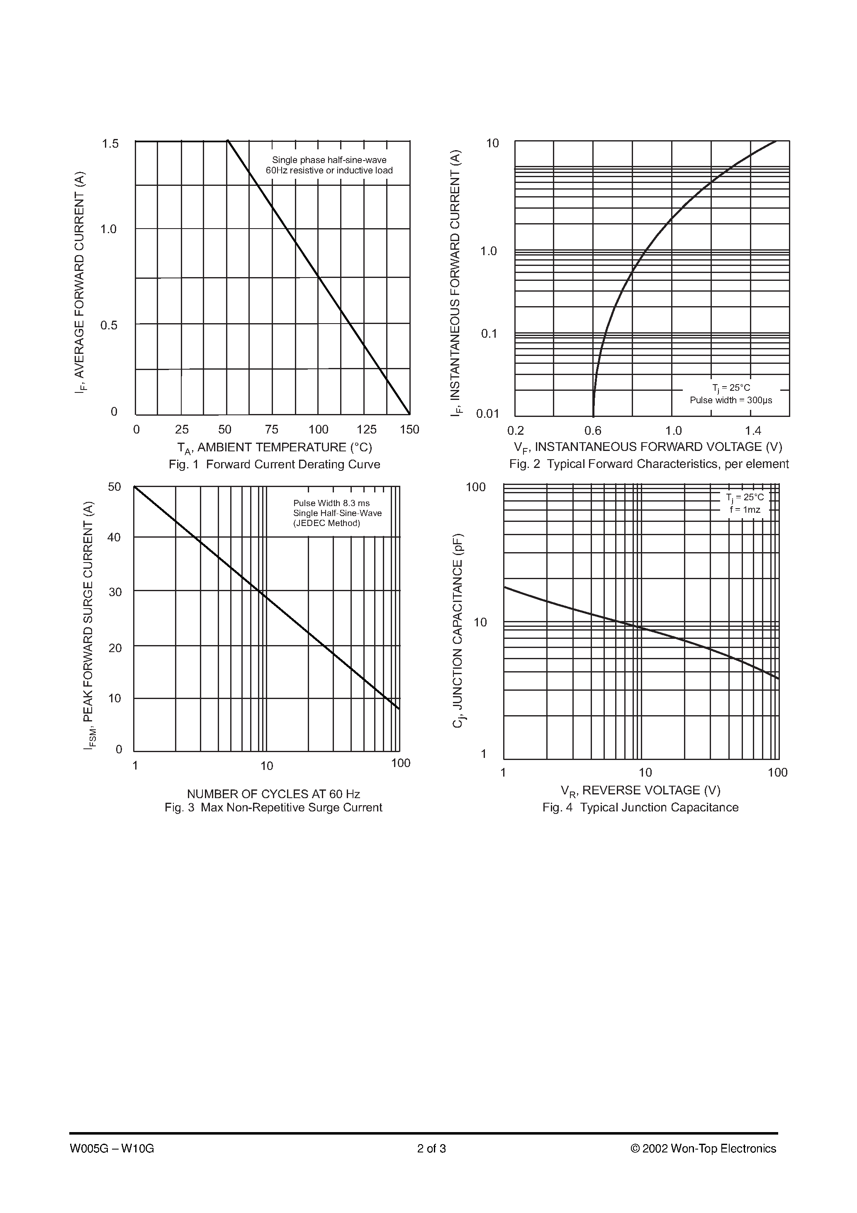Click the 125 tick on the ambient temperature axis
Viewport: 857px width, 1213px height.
coord(366,429)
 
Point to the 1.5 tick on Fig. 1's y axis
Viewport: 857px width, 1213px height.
coord(110,144)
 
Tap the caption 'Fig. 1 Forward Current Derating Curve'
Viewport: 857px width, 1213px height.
coord(274,464)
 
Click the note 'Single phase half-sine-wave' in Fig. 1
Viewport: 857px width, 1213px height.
coord(329,160)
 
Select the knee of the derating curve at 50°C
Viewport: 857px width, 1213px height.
coord(228,141)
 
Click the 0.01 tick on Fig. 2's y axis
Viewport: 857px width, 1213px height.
coord(487,414)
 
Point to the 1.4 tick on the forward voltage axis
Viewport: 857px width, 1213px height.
coord(753,431)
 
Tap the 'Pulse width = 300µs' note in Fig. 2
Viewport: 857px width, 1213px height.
coord(731,400)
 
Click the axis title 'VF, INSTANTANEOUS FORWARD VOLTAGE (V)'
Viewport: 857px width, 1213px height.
coord(648,447)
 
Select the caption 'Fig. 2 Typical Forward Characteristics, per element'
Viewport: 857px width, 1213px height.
coord(648,464)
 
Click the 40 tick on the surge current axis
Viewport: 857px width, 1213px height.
coord(114,537)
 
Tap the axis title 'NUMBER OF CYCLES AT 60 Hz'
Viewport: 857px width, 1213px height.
coord(273,794)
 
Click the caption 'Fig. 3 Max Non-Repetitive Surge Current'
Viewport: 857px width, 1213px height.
coord(273,807)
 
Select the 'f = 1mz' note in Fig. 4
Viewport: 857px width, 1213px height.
coord(745,510)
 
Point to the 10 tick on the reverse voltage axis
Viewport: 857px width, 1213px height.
coord(645,772)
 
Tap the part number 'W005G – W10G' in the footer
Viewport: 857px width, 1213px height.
coord(112,1149)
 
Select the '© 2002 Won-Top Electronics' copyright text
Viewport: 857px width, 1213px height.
coord(703,1149)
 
